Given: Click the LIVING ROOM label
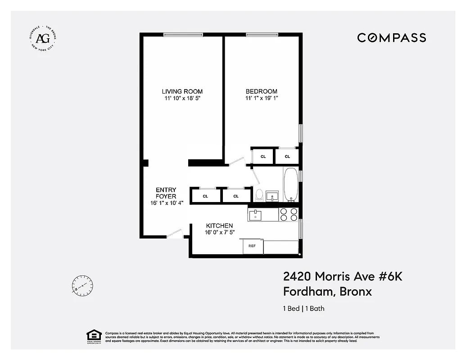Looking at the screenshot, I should [x=182, y=91].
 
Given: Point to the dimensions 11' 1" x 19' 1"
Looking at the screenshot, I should [x=262, y=98].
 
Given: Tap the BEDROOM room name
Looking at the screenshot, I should [x=262, y=91].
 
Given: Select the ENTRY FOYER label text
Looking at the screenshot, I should [x=166, y=193].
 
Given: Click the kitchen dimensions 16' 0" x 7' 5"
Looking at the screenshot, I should [x=219, y=232].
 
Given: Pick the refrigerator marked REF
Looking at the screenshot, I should [x=253, y=247].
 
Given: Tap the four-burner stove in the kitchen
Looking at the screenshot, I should [x=289, y=214].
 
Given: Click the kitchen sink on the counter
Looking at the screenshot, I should [x=255, y=214].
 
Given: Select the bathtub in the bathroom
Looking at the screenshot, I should [x=290, y=184].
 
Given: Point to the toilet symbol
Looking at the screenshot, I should [x=259, y=195].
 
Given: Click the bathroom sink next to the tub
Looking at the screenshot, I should [x=272, y=196].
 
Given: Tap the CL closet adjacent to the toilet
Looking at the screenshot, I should [x=236, y=196].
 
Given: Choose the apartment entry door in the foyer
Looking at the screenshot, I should [x=174, y=234].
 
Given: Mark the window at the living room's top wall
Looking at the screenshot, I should [x=183, y=35].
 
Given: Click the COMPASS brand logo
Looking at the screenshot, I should [x=391, y=38].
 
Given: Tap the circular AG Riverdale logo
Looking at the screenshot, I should [x=43, y=38].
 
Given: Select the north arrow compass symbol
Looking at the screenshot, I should [x=82, y=285].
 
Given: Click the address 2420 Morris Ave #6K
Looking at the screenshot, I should [x=342, y=276].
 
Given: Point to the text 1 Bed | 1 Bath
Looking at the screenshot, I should [x=303, y=309].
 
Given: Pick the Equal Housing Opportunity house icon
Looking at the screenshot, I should [x=93, y=336].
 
